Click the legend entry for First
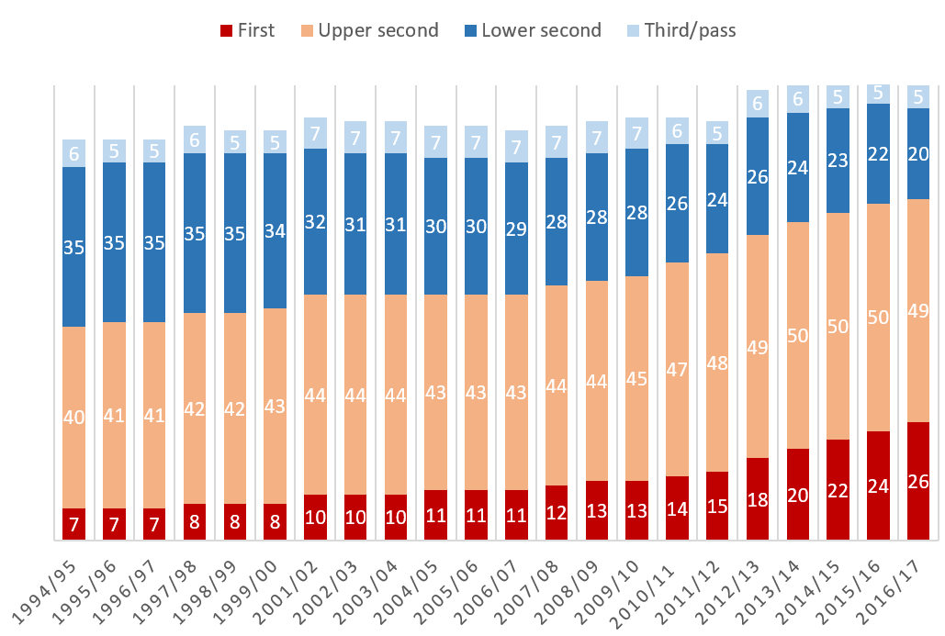tap(248, 30)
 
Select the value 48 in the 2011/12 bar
tap(718, 363)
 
